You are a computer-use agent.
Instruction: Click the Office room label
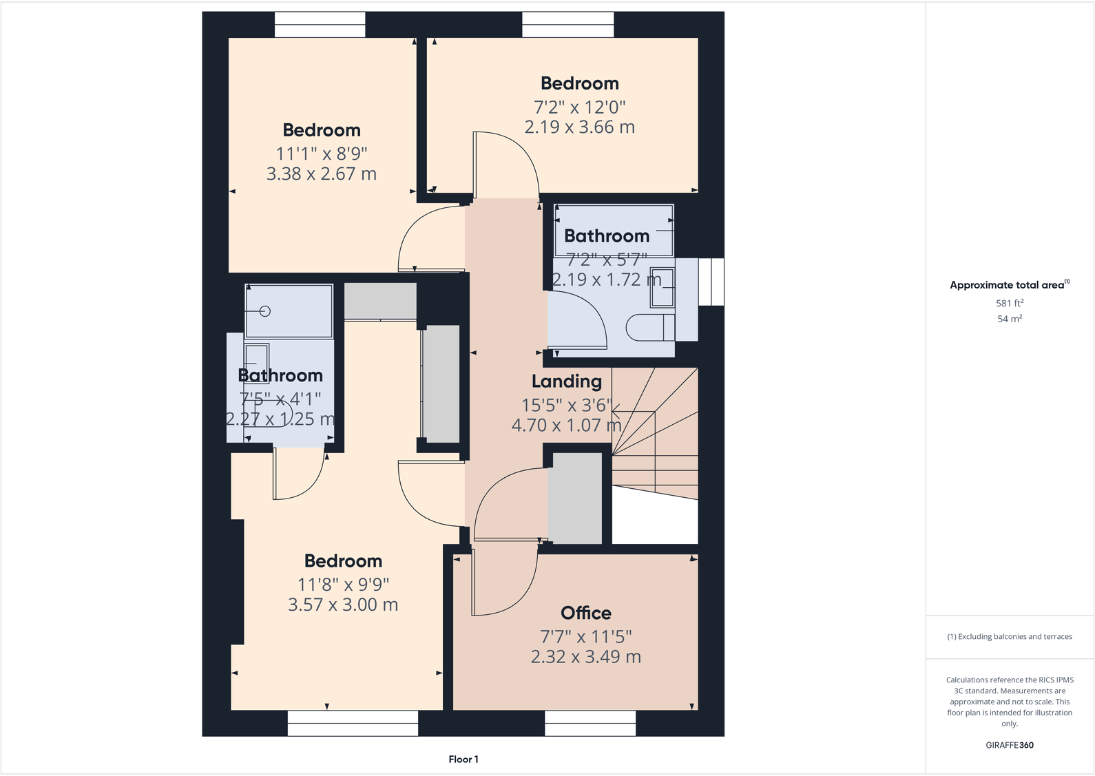pos(585,613)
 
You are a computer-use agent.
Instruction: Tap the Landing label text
pos(566,381)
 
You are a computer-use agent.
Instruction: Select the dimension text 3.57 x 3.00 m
pos(342,605)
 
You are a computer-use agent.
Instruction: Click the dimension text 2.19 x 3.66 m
pos(579,127)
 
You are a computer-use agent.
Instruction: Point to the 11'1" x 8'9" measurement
pos(322,154)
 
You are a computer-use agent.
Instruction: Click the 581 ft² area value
pos(1009,303)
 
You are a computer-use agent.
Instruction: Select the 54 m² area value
pos(1009,319)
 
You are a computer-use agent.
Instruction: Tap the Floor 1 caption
pos(463,759)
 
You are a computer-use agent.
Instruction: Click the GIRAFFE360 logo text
pos(1009,745)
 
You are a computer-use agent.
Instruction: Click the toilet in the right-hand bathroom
pos(649,327)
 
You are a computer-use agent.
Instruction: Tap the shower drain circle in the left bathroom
pos(265,311)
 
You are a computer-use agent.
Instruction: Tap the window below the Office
pos(590,723)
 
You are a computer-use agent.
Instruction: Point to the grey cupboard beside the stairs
pos(574,497)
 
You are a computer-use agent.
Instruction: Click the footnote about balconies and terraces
pos(1009,637)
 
